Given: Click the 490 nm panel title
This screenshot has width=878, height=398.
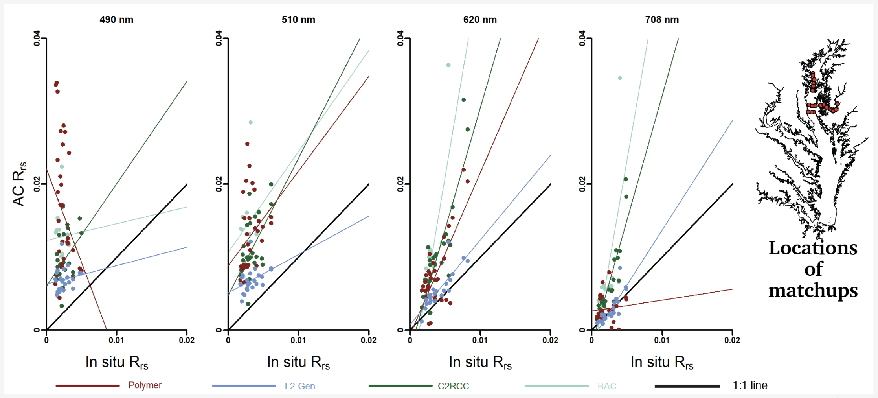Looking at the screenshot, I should (116, 20).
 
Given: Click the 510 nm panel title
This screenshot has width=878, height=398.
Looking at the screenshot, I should (298, 20).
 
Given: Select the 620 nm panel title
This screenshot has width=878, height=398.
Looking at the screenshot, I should (480, 20).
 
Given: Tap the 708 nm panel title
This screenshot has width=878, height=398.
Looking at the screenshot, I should (662, 20).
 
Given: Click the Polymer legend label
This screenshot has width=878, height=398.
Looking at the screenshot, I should (145, 385).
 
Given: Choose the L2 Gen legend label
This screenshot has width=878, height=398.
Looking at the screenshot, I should (300, 386).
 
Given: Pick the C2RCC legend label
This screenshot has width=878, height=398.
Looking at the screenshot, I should (453, 386).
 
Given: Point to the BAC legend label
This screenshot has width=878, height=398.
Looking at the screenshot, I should (607, 386).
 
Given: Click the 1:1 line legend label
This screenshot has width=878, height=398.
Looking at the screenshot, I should (750, 385).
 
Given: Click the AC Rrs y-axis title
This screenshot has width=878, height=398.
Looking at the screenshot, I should (19, 184).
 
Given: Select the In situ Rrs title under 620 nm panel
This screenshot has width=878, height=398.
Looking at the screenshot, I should (480, 362).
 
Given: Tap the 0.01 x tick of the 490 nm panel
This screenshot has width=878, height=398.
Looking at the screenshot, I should (116, 340).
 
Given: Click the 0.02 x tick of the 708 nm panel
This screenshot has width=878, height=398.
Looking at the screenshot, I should (732, 340).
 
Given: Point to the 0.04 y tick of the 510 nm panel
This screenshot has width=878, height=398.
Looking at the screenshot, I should (219, 38).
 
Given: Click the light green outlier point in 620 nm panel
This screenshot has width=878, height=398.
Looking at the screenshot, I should (448, 65).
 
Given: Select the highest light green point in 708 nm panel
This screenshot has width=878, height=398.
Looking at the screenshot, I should (620, 78).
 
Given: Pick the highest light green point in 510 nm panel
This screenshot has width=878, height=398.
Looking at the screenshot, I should (251, 123).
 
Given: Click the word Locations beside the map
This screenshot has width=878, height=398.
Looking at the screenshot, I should (813, 248).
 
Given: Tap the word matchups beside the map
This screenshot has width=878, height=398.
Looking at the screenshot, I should (813, 291).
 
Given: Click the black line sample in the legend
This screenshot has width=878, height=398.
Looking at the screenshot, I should (687, 386).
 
